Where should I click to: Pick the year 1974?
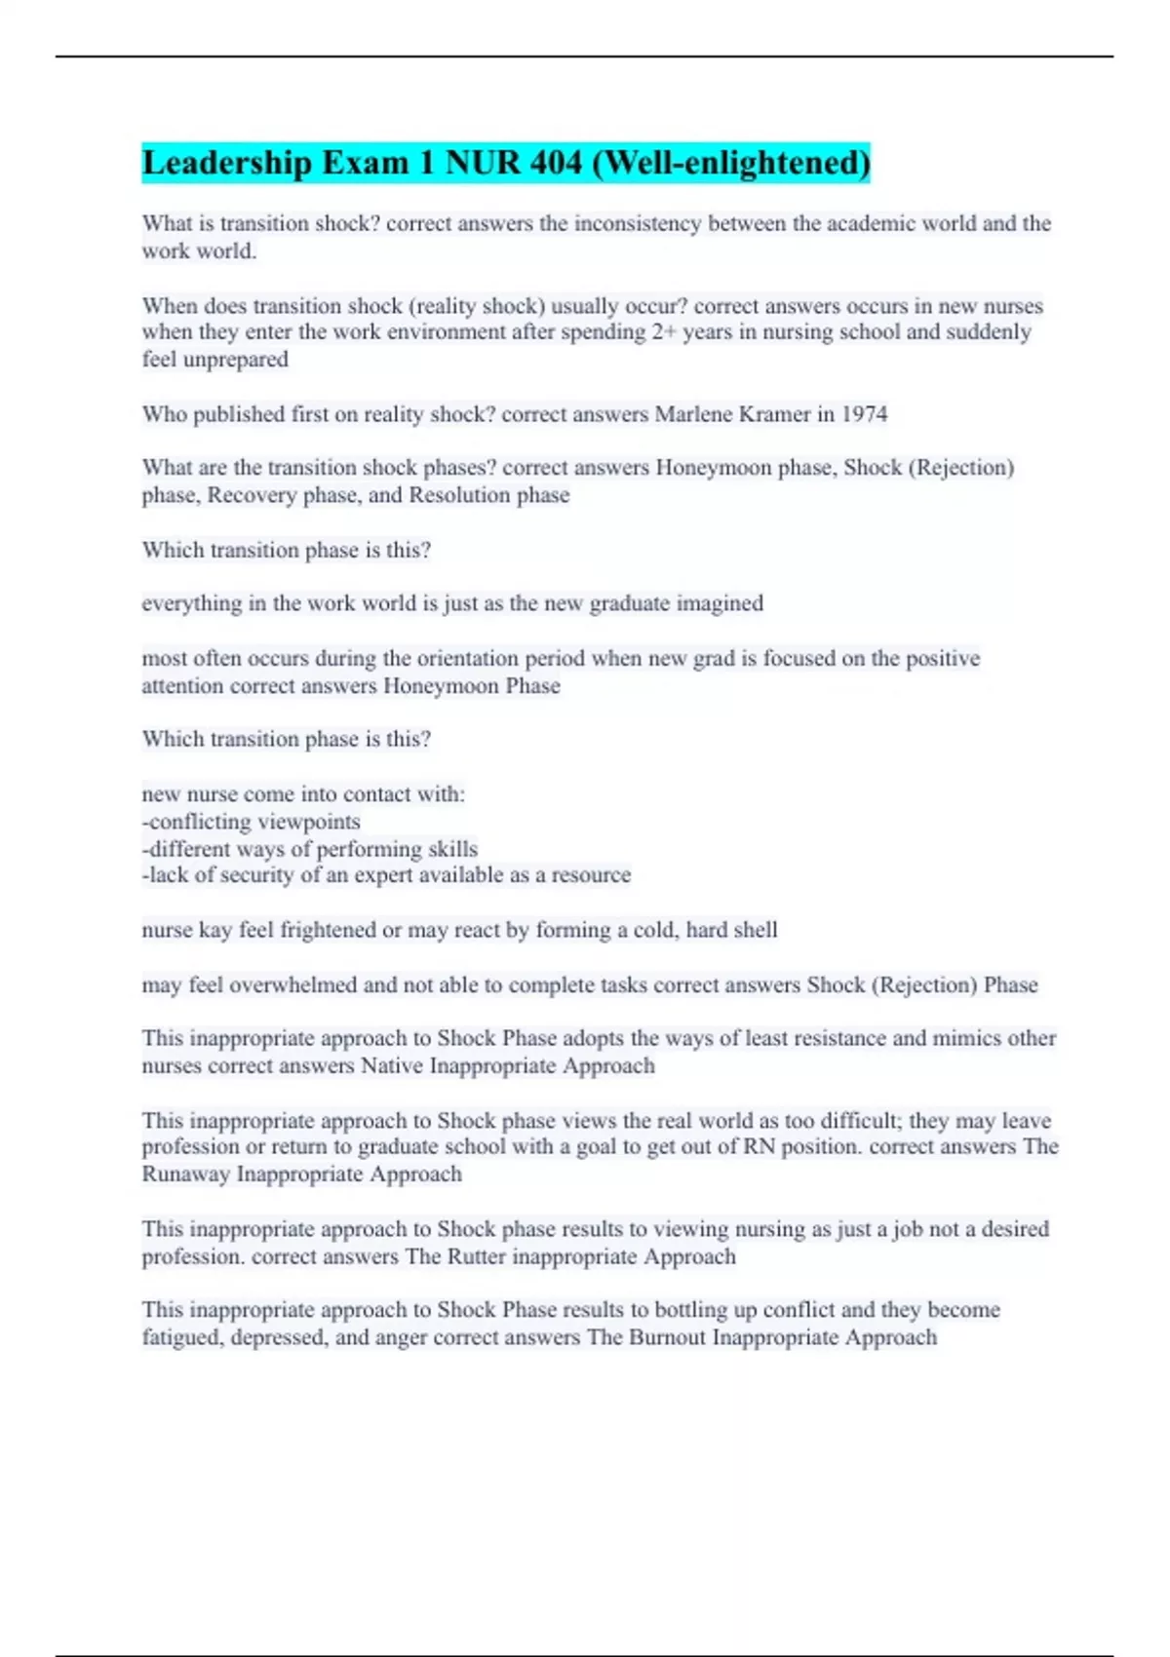pos(864,414)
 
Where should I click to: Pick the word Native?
pos(392,1066)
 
